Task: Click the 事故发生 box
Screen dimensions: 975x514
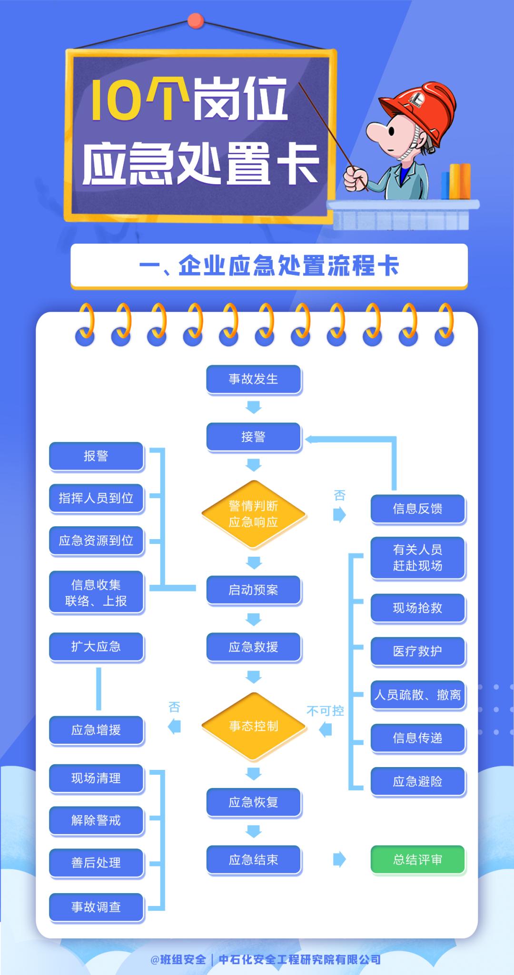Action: [x=253, y=379]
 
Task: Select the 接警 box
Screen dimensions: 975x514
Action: [x=253, y=436]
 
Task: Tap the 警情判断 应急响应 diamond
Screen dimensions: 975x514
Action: [x=253, y=514]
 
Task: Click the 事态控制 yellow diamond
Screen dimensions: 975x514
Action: [x=253, y=726]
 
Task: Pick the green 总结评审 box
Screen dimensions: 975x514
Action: [x=417, y=859]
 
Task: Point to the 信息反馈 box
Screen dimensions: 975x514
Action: [x=417, y=509]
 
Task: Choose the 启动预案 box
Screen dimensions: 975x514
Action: [x=253, y=590]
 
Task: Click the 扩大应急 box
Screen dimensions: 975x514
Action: [x=96, y=647]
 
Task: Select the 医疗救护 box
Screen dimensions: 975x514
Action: [x=417, y=651]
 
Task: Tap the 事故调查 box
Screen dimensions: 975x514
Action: [x=96, y=907]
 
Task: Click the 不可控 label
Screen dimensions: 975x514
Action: [x=325, y=711]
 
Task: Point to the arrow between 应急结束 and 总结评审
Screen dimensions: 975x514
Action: [x=339, y=859]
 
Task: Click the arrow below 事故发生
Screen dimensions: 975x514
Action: [x=253, y=407]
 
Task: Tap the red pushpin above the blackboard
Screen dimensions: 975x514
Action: [x=195, y=20]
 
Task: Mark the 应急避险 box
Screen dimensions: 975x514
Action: [x=417, y=781]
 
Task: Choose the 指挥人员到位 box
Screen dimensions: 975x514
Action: [x=96, y=498]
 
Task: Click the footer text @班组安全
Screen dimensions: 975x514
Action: [x=178, y=959]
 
